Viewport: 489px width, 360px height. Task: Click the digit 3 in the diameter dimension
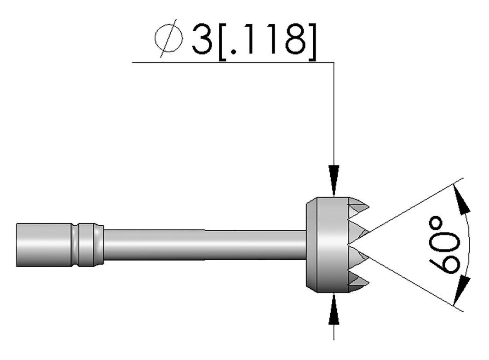[202, 39]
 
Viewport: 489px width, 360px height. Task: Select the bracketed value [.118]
[268, 41]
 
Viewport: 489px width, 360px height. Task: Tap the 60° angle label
[444, 246]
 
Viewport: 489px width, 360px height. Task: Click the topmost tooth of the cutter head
[359, 206]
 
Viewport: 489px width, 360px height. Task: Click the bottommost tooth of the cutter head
[359, 283]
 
